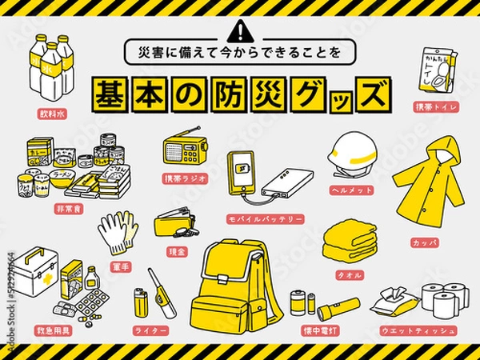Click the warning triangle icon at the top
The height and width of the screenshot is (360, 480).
coord(239,33)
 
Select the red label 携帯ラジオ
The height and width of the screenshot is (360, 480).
coord(186,178)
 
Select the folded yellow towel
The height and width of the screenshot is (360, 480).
coord(350,237)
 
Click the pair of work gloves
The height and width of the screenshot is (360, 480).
coord(117,230)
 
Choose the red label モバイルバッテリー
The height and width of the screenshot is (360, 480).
coord(265,218)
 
